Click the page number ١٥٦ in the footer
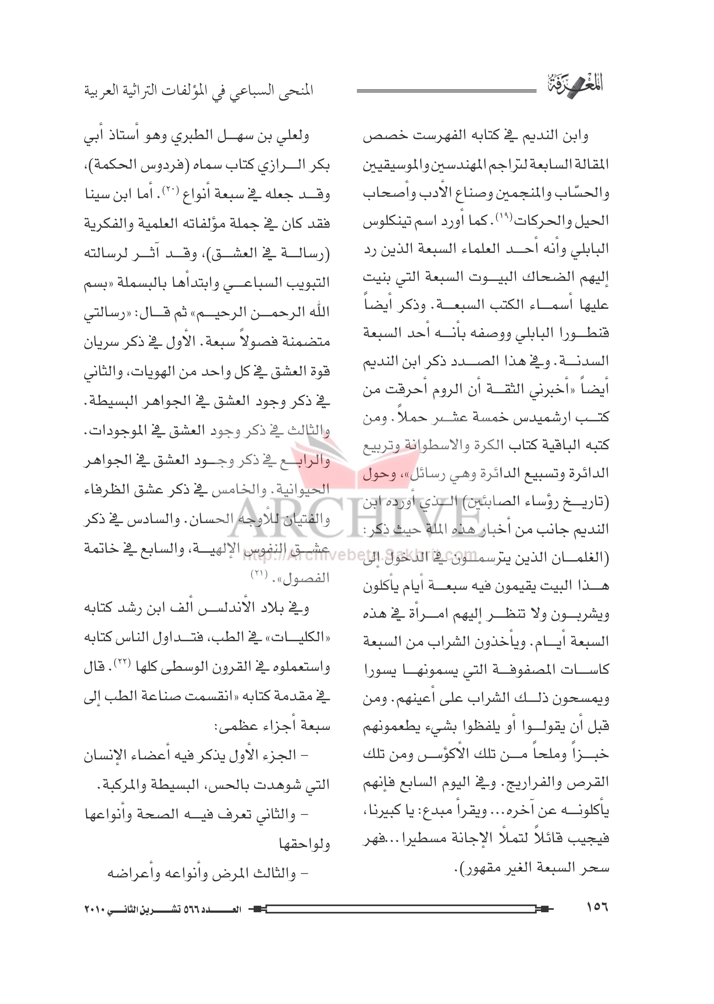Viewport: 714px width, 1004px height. click(597, 907)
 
